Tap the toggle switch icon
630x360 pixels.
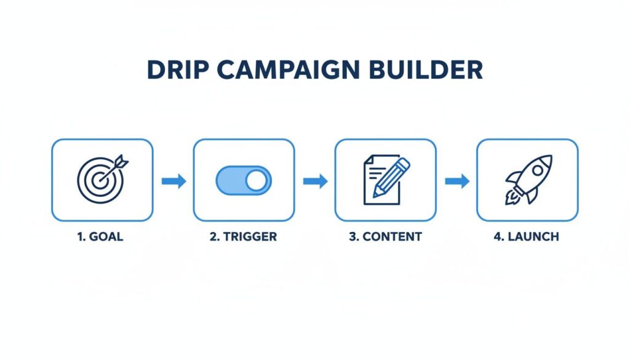[x=243, y=180]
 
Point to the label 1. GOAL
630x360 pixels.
[x=101, y=237]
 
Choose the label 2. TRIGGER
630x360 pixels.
[x=243, y=237]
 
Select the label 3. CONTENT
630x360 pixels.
[x=385, y=237]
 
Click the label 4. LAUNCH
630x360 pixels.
[x=526, y=237]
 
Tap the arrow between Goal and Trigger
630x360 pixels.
[x=173, y=181]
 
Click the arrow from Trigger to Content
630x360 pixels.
[x=315, y=181]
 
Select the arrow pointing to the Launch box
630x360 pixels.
[x=457, y=181]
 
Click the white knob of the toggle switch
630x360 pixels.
[x=257, y=180]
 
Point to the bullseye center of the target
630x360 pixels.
[x=100, y=182]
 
